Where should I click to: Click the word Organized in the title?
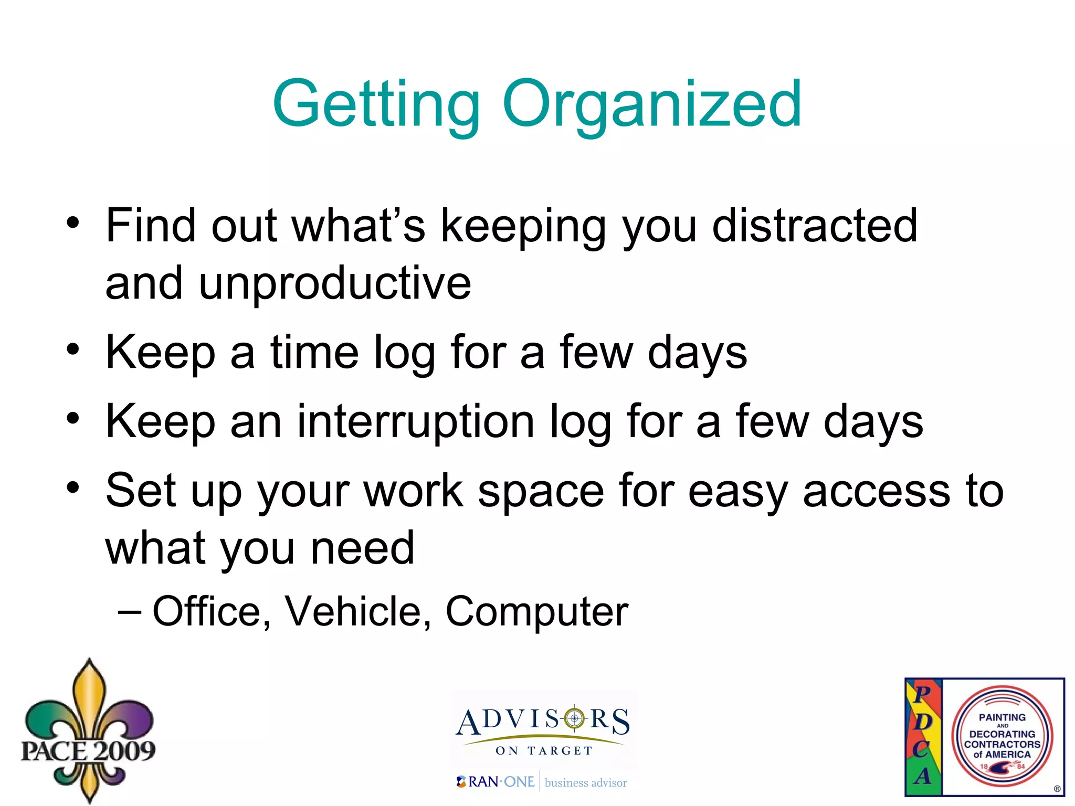point(651,105)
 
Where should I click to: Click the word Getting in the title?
point(376,105)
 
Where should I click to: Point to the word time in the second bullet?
point(314,352)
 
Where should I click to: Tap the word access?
point(877,491)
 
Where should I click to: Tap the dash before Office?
point(130,612)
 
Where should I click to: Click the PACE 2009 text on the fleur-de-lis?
point(88,750)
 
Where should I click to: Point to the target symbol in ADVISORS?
point(574,718)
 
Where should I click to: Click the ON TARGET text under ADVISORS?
point(544,751)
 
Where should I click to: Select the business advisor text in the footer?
point(586,783)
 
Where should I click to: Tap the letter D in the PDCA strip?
point(922,722)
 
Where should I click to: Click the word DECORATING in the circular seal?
point(1002,734)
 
